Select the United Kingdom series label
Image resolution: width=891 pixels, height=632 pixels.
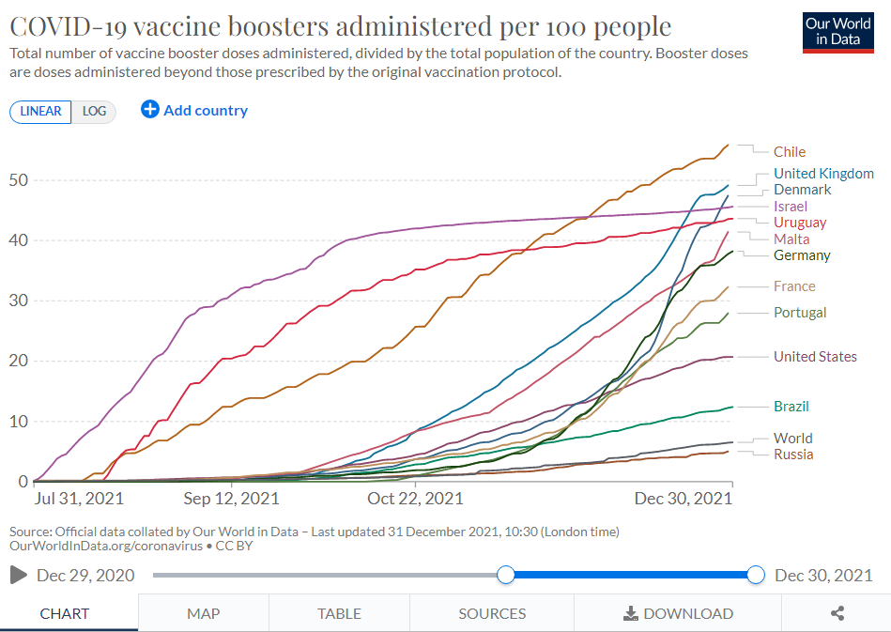click(x=822, y=174)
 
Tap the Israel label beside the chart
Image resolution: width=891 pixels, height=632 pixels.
click(x=790, y=207)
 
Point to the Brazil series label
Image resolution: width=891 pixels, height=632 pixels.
click(x=791, y=407)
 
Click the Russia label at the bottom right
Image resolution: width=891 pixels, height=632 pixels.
click(x=792, y=455)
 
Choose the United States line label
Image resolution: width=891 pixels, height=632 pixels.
click(x=814, y=357)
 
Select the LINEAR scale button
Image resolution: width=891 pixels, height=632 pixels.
click(x=40, y=112)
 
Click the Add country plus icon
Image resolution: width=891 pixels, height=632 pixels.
click(x=150, y=110)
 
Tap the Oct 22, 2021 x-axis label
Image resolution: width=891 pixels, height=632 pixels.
click(x=415, y=498)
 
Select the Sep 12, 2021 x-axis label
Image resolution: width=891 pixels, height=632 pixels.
click(x=231, y=498)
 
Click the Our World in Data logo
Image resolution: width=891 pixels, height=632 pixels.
click(x=837, y=32)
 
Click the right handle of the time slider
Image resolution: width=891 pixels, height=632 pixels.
click(x=756, y=575)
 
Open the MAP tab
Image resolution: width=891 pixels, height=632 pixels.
click(x=203, y=613)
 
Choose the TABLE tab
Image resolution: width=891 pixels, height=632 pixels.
click(x=339, y=613)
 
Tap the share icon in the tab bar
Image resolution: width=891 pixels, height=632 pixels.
click(x=837, y=613)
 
